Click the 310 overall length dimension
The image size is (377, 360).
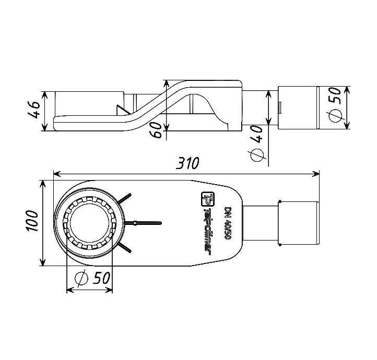click(x=187, y=163)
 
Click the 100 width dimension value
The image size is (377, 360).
click(x=32, y=221)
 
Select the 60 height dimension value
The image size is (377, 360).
click(x=157, y=130)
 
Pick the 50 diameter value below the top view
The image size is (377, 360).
click(x=102, y=278)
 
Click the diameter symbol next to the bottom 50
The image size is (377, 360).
click(x=81, y=279)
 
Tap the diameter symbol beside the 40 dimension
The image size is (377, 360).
click(x=257, y=155)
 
